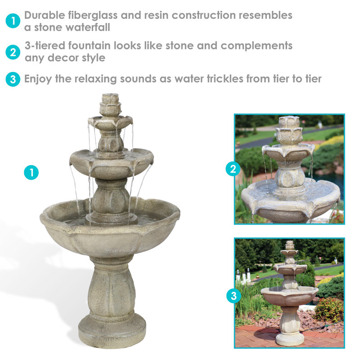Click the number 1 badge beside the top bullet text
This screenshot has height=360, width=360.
click(13, 21)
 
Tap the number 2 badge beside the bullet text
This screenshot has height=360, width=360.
click(13, 52)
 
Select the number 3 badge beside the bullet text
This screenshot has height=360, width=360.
click(13, 80)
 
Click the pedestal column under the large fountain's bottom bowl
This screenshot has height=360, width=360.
click(111, 288)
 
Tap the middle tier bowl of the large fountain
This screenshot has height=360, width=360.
click(111, 162)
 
